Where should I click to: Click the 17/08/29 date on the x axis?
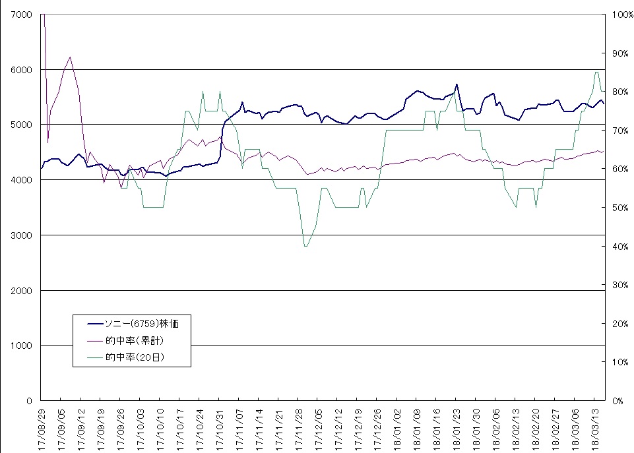pos(41,427)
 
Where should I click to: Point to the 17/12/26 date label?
pos(377,427)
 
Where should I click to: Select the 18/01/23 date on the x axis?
pos(457,427)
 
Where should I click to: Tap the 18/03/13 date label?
pos(596,427)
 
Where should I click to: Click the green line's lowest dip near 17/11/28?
pos(305,246)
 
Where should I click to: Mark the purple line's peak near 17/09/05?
pos(70,57)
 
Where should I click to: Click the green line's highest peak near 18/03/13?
pos(596,73)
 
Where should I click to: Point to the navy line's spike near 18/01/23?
pos(457,84)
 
